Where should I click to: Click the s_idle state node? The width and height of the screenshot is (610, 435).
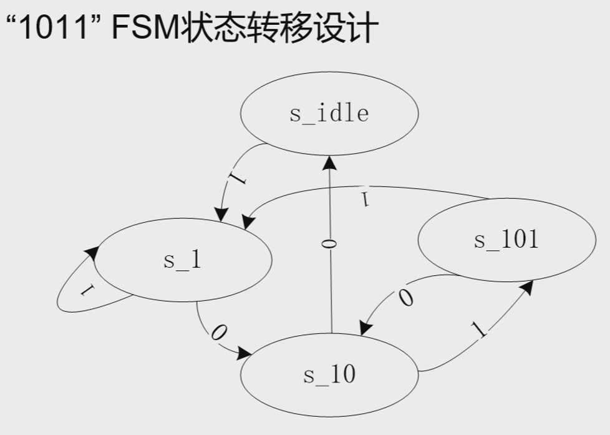click(329, 114)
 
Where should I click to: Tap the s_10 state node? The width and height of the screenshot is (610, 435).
click(329, 375)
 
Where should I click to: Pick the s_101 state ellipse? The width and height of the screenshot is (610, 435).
click(506, 240)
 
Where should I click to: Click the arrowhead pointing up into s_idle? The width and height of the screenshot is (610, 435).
click(329, 164)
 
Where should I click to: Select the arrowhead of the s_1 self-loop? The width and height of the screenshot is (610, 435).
click(93, 252)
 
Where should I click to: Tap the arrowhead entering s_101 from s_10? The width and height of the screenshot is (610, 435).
click(527, 287)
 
